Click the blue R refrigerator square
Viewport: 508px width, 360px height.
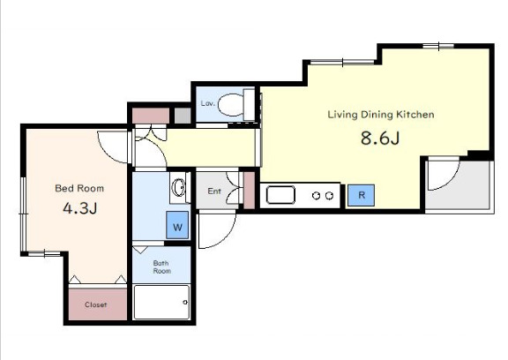point(362,195)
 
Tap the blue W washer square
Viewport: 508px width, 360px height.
point(177,225)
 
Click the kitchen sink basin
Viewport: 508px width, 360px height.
point(280,195)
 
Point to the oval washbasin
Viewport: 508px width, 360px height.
point(178,188)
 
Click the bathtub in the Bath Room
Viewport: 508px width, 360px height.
point(161,302)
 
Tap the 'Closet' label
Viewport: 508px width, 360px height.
point(95,304)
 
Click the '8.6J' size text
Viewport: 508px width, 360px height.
point(380,139)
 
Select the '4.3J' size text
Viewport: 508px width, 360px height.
point(80,207)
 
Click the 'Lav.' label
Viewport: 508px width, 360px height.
point(207,103)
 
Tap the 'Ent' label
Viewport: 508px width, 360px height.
point(214,191)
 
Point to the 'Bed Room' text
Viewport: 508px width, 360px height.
point(79,188)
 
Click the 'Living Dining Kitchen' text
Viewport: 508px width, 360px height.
point(381,115)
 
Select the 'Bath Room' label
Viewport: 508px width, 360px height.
point(161,267)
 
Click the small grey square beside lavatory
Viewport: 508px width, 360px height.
point(183,116)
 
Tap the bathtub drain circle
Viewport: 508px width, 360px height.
point(185,303)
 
